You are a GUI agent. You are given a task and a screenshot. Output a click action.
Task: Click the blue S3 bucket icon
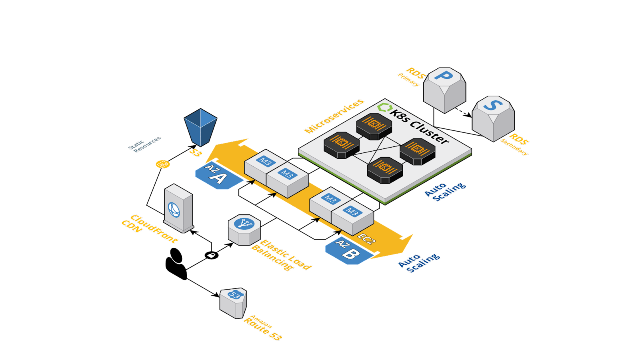[200, 127]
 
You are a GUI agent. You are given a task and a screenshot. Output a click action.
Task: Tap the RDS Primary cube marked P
[444, 90]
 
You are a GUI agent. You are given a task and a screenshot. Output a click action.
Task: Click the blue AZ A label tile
[218, 176]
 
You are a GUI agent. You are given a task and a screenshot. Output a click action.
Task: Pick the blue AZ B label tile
[348, 251]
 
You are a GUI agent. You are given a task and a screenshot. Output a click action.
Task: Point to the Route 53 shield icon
[233, 303]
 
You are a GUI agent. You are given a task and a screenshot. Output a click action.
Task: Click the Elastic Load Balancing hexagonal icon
[244, 230]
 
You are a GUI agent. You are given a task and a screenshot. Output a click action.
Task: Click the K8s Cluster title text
[418, 126]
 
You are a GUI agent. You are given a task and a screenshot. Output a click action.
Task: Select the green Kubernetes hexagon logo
[384, 107]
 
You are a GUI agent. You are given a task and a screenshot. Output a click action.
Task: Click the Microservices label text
[334, 116]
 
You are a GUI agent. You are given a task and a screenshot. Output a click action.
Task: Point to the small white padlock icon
[211, 255]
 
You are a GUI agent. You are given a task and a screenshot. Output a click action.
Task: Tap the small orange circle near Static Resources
[162, 164]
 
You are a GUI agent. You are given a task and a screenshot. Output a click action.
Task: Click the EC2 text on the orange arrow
[366, 239]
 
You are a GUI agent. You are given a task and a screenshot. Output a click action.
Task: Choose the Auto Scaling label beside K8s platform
[445, 192]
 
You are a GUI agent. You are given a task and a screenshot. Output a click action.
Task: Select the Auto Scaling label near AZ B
[418, 263]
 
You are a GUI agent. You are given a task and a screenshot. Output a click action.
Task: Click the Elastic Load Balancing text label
[281, 255]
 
